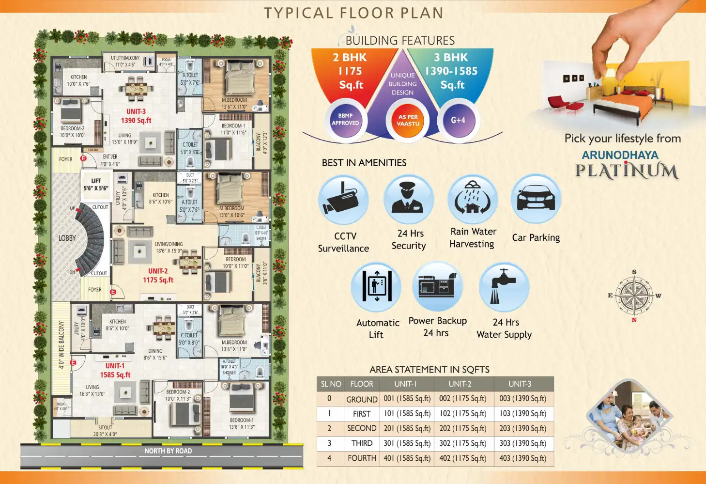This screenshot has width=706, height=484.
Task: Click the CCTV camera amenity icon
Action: (x=343, y=200)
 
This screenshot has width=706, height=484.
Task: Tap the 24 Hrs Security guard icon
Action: (x=408, y=200)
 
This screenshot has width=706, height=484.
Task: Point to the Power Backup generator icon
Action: (x=438, y=286)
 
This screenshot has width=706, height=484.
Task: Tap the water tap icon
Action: (x=504, y=287)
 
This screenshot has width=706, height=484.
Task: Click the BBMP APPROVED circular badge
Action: (x=345, y=120)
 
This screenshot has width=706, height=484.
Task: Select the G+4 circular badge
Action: (x=458, y=120)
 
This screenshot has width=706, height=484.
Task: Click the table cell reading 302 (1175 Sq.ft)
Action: (x=462, y=443)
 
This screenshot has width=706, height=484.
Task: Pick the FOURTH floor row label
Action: (x=362, y=458)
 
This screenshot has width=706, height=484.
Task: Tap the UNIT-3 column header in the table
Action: (x=520, y=384)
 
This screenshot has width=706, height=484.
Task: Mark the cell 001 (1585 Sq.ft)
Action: (x=407, y=399)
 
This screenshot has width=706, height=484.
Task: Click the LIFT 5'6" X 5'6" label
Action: (x=96, y=185)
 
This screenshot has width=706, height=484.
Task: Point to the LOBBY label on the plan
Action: (x=67, y=238)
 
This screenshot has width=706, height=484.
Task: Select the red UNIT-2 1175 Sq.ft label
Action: (x=158, y=276)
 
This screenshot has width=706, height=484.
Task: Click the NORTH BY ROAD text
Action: (x=168, y=451)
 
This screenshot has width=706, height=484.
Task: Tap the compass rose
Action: (x=634, y=296)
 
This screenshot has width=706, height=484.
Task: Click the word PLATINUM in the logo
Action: (x=627, y=171)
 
